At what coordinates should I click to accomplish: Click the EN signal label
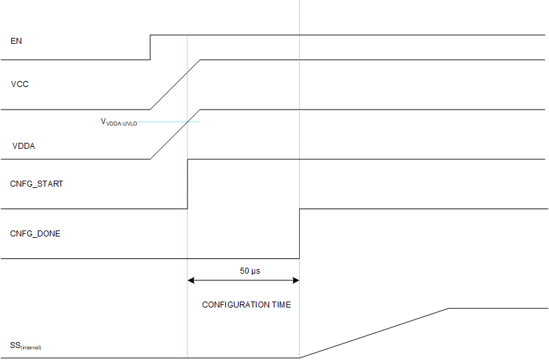click(x=17, y=41)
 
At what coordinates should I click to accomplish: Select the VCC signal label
click(x=20, y=84)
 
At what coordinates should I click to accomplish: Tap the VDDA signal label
click(x=24, y=146)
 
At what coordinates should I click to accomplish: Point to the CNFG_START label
click(x=37, y=184)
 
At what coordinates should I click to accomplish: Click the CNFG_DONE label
click(x=35, y=234)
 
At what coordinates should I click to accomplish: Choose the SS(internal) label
click(x=25, y=345)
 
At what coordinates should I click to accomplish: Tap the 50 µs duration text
click(x=250, y=271)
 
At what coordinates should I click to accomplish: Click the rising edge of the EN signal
click(x=150, y=46)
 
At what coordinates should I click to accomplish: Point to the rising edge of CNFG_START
click(x=188, y=184)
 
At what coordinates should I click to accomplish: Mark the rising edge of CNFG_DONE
click(x=300, y=234)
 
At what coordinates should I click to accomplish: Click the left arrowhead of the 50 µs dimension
click(x=192, y=281)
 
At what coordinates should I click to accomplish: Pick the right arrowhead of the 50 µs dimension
click(x=296, y=281)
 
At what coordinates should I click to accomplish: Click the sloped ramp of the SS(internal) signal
click(x=374, y=333)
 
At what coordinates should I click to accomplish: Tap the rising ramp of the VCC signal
click(x=175, y=84)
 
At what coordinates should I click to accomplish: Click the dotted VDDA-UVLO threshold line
click(x=166, y=122)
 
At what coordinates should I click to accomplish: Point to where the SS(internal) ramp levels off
click(x=449, y=308)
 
